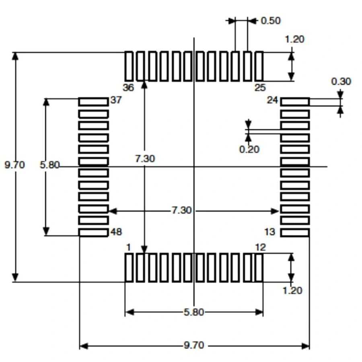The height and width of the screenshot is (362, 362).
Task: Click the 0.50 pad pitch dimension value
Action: tap(271, 21)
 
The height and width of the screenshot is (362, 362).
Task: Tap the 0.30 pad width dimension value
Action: tap(341, 81)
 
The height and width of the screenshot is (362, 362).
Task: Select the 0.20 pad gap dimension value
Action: tap(249, 150)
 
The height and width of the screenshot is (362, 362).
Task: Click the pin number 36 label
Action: tap(128, 88)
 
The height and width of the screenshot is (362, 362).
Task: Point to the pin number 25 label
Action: tap(260, 88)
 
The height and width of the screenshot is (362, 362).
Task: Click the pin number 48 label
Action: tap(116, 232)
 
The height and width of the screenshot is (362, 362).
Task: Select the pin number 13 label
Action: tap(270, 232)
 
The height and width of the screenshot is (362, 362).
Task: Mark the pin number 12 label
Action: tap(260, 247)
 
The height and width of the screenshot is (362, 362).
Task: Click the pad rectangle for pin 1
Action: tap(129, 267)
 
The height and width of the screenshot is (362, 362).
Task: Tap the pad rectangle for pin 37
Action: tap(93, 102)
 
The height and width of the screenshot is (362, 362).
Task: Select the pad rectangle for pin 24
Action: tap(295, 102)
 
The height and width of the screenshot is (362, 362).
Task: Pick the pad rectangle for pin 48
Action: tap(93, 232)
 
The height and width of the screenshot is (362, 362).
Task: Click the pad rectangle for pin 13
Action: tap(295, 232)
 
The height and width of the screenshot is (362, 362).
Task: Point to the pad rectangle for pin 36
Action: tap(129, 66)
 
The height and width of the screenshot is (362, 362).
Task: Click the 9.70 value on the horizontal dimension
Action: tap(194, 345)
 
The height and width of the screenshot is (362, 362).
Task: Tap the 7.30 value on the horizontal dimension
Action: tap(181, 210)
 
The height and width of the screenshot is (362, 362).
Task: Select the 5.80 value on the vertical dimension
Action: tap(49, 165)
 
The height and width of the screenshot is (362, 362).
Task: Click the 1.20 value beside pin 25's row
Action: tap(294, 39)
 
